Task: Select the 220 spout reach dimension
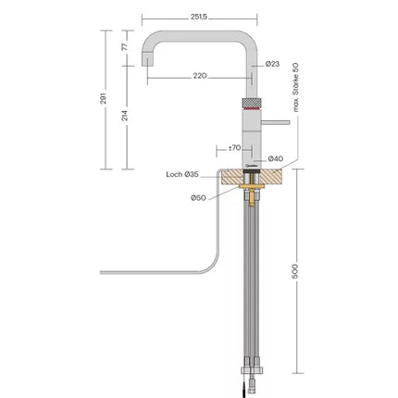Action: point(201,76)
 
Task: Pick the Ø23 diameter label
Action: point(272,63)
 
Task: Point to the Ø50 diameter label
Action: point(198,197)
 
